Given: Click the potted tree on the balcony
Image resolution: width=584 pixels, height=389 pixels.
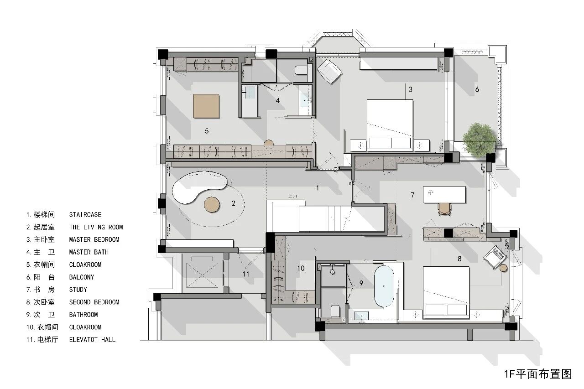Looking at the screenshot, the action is click(x=479, y=140).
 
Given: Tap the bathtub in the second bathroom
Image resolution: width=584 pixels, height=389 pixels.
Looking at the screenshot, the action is click(x=384, y=286).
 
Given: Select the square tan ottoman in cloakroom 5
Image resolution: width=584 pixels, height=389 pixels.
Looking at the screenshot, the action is click(x=206, y=106).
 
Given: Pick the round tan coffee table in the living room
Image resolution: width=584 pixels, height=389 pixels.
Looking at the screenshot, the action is click(x=212, y=204).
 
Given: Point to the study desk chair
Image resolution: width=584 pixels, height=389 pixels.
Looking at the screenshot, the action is click(x=444, y=209).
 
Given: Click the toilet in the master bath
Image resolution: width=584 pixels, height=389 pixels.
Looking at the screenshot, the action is click(x=301, y=70).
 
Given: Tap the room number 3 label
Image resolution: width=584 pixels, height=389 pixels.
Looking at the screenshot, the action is click(x=411, y=90).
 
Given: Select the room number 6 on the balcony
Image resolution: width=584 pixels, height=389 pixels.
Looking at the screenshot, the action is click(x=477, y=89).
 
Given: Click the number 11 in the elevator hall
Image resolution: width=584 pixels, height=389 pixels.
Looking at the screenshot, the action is click(x=245, y=274).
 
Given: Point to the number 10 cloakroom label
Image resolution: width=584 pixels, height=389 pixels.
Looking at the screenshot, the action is click(x=301, y=268).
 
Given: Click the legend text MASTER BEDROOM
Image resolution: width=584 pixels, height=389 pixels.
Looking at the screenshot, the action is click(x=94, y=240).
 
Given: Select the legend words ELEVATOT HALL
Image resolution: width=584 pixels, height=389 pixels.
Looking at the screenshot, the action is click(x=92, y=340).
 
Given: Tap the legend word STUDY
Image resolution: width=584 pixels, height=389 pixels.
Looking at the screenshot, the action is click(x=78, y=290).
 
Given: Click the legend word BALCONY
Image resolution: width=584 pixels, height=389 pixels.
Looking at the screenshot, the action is click(x=82, y=277).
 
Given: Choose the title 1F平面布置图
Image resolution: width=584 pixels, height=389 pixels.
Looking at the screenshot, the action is click(x=538, y=374).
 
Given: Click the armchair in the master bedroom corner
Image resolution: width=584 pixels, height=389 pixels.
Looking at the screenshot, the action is click(x=329, y=72).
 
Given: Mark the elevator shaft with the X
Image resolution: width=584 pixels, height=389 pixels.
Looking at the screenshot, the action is click(x=203, y=272).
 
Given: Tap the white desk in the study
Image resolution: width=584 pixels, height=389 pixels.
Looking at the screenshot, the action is click(x=444, y=194).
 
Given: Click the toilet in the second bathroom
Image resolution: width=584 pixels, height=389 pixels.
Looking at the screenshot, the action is click(x=335, y=311).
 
